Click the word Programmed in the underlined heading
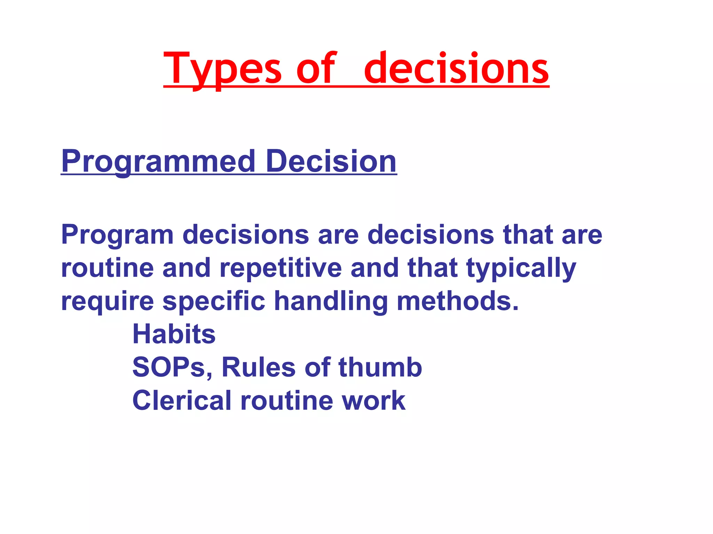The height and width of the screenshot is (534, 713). coord(158,161)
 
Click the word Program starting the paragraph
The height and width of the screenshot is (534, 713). coord(117,235)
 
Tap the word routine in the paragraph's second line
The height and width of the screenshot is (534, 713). coord(107,268)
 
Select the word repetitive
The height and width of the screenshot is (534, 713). coord(281,268)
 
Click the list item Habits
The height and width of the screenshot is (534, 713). coord(174,334)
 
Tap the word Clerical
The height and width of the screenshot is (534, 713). coord(182,400)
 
